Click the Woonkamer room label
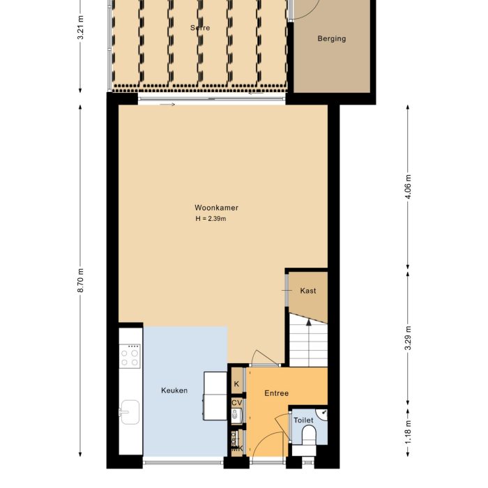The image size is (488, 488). (x=217, y=208)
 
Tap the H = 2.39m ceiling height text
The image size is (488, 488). (x=211, y=219)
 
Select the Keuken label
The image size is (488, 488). (x=174, y=390)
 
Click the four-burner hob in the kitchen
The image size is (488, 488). (x=130, y=358)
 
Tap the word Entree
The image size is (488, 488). (x=276, y=394)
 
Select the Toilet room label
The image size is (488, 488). (x=304, y=420)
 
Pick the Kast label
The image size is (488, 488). (x=307, y=291)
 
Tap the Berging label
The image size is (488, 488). (x=331, y=38)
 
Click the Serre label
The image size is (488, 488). (x=200, y=28)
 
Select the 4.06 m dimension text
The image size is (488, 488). (x=408, y=187)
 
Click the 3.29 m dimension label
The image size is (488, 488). (x=408, y=339)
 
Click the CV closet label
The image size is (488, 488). (x=237, y=402)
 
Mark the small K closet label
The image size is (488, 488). (x=237, y=384)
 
